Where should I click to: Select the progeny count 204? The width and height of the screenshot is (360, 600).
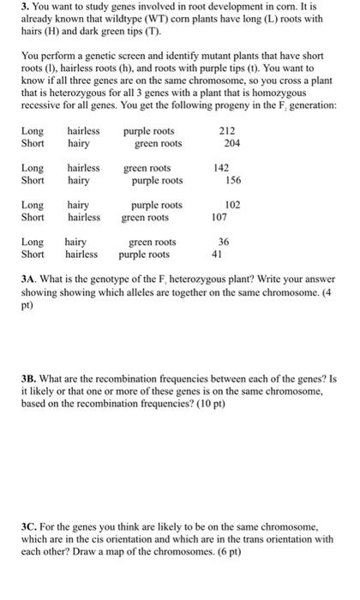tap(232, 143)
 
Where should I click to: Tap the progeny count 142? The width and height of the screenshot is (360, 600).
tap(222, 169)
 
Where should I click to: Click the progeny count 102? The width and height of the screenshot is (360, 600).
tap(232, 206)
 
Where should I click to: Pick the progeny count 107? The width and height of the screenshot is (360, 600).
tap(219, 218)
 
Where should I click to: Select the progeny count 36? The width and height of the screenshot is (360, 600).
tap(224, 243)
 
